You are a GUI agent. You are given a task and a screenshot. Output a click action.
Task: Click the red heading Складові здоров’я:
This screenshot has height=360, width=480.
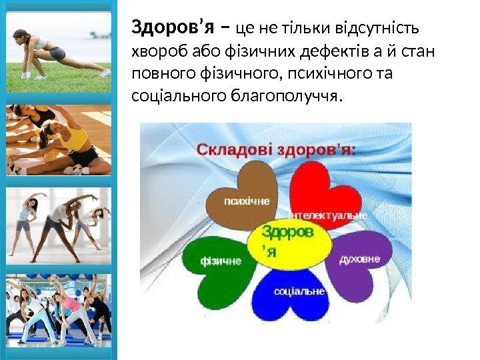click(276, 150)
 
